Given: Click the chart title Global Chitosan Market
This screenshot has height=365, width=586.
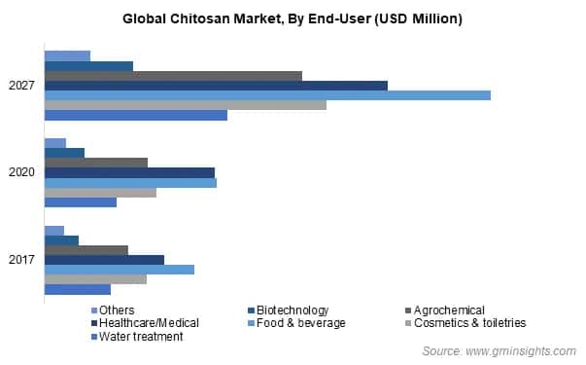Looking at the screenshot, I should click(x=293, y=18).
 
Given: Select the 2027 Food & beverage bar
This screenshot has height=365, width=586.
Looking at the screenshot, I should click(x=267, y=95).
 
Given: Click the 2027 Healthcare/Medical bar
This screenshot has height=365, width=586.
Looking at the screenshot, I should click(x=216, y=86).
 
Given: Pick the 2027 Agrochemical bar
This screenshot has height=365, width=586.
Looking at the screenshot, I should click(x=173, y=76).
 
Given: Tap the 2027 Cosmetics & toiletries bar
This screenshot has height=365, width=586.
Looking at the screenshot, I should click(x=186, y=105).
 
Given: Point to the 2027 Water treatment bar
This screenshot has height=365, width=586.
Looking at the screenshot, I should click(x=136, y=115).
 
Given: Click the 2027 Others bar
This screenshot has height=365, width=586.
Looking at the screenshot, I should click(x=67, y=56).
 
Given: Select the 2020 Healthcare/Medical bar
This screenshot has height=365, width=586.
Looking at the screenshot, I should click(x=129, y=173).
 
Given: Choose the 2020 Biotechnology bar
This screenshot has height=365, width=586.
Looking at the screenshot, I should click(x=64, y=154).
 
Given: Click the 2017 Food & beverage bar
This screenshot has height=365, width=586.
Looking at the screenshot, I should click(x=120, y=270).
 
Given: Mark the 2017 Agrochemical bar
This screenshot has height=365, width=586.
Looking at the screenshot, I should click(x=86, y=250).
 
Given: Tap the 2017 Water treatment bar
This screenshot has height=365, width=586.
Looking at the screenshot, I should click(x=78, y=289).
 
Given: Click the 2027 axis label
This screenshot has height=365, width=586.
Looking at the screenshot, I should click(x=22, y=86).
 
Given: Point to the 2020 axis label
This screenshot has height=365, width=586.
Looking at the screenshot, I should click(x=22, y=173).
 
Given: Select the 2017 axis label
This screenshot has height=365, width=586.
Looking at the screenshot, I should click(x=22, y=260).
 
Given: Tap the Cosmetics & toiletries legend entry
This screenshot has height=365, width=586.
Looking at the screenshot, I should click(x=469, y=323).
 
